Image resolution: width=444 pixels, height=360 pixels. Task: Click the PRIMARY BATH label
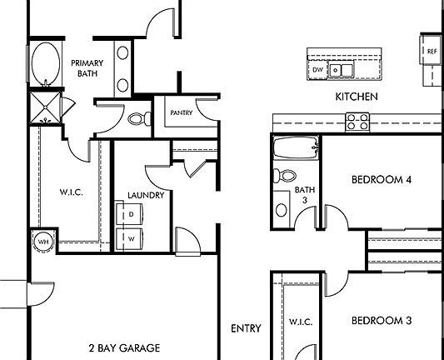[87, 68]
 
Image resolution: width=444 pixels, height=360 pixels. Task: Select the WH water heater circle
[42, 242]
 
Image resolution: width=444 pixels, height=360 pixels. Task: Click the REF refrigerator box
[431, 52]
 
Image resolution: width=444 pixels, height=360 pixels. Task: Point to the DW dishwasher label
[318, 71]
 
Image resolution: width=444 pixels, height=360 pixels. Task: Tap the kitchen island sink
[342, 70]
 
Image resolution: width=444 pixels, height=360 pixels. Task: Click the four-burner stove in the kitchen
[358, 122]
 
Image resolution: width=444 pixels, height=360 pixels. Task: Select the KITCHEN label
[357, 97]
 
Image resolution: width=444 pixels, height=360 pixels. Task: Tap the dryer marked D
[132, 214]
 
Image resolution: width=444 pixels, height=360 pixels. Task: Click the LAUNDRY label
[145, 196]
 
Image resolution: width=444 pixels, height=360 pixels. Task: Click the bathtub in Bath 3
[296, 151]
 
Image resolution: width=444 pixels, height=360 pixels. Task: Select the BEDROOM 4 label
[382, 179]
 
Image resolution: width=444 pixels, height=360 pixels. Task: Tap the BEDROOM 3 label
[382, 320]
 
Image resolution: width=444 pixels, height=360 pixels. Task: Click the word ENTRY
[246, 328]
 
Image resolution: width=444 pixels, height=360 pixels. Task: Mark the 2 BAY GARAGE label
[123, 347]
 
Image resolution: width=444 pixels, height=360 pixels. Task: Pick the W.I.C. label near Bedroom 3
[299, 321]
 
